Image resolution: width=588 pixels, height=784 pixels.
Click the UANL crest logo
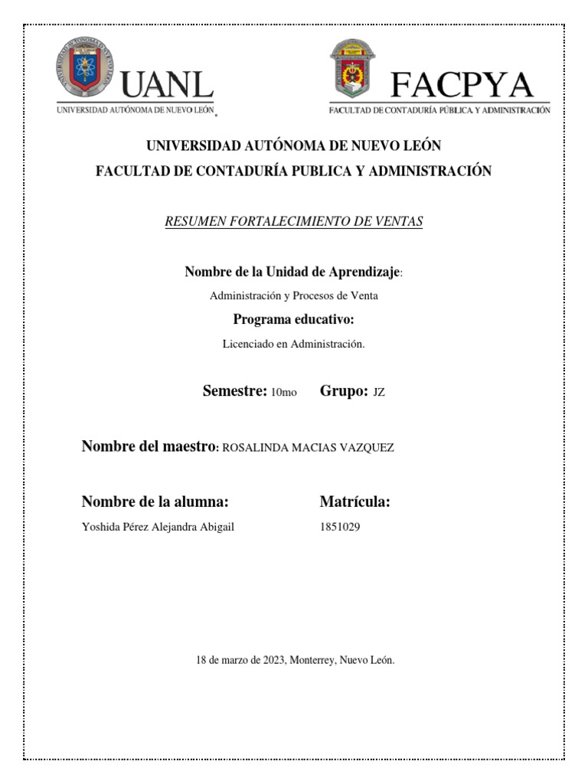pyautogui.click(x=84, y=70)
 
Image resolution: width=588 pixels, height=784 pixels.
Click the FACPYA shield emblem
pyautogui.click(x=353, y=70)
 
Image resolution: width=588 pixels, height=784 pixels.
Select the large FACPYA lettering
pyautogui.click(x=461, y=84)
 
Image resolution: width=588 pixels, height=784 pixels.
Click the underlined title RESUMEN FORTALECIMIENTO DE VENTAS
pyautogui.click(x=294, y=222)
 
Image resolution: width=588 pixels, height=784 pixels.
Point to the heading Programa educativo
pyautogui.click(x=293, y=320)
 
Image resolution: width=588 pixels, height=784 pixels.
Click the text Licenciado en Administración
pyautogui.click(x=293, y=345)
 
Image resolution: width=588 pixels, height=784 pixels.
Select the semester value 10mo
pyautogui.click(x=284, y=393)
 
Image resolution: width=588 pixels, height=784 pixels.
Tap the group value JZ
pyautogui.click(x=379, y=393)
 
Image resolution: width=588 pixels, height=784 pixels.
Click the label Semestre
pyautogui.click(x=234, y=391)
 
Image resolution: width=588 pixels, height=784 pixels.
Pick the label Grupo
pyautogui.click(x=345, y=391)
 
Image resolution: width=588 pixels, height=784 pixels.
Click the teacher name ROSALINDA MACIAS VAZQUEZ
pyautogui.click(x=308, y=448)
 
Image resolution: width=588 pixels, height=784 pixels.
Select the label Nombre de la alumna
pyautogui.click(x=155, y=502)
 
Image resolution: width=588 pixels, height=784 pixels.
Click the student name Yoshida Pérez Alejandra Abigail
pyautogui.click(x=158, y=527)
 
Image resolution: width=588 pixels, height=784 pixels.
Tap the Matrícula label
pyautogui.click(x=355, y=502)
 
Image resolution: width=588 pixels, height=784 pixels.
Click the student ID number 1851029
pyautogui.click(x=339, y=527)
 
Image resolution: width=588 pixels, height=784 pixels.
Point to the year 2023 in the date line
pyautogui.click(x=273, y=659)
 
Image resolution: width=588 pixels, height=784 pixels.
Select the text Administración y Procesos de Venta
pyautogui.click(x=294, y=296)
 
